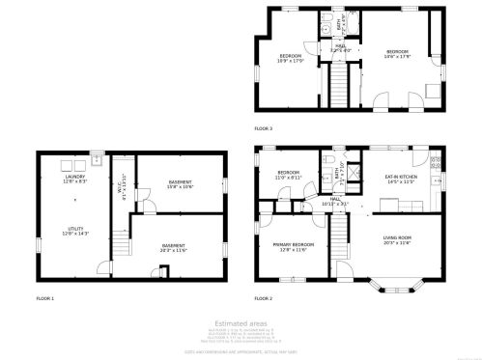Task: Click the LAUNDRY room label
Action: point(75,180)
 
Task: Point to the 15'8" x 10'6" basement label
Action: point(180,184)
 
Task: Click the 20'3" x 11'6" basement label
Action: point(174,247)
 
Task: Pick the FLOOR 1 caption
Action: point(45,298)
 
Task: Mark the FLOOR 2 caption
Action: point(263,298)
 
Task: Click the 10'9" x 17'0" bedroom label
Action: point(292,58)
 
